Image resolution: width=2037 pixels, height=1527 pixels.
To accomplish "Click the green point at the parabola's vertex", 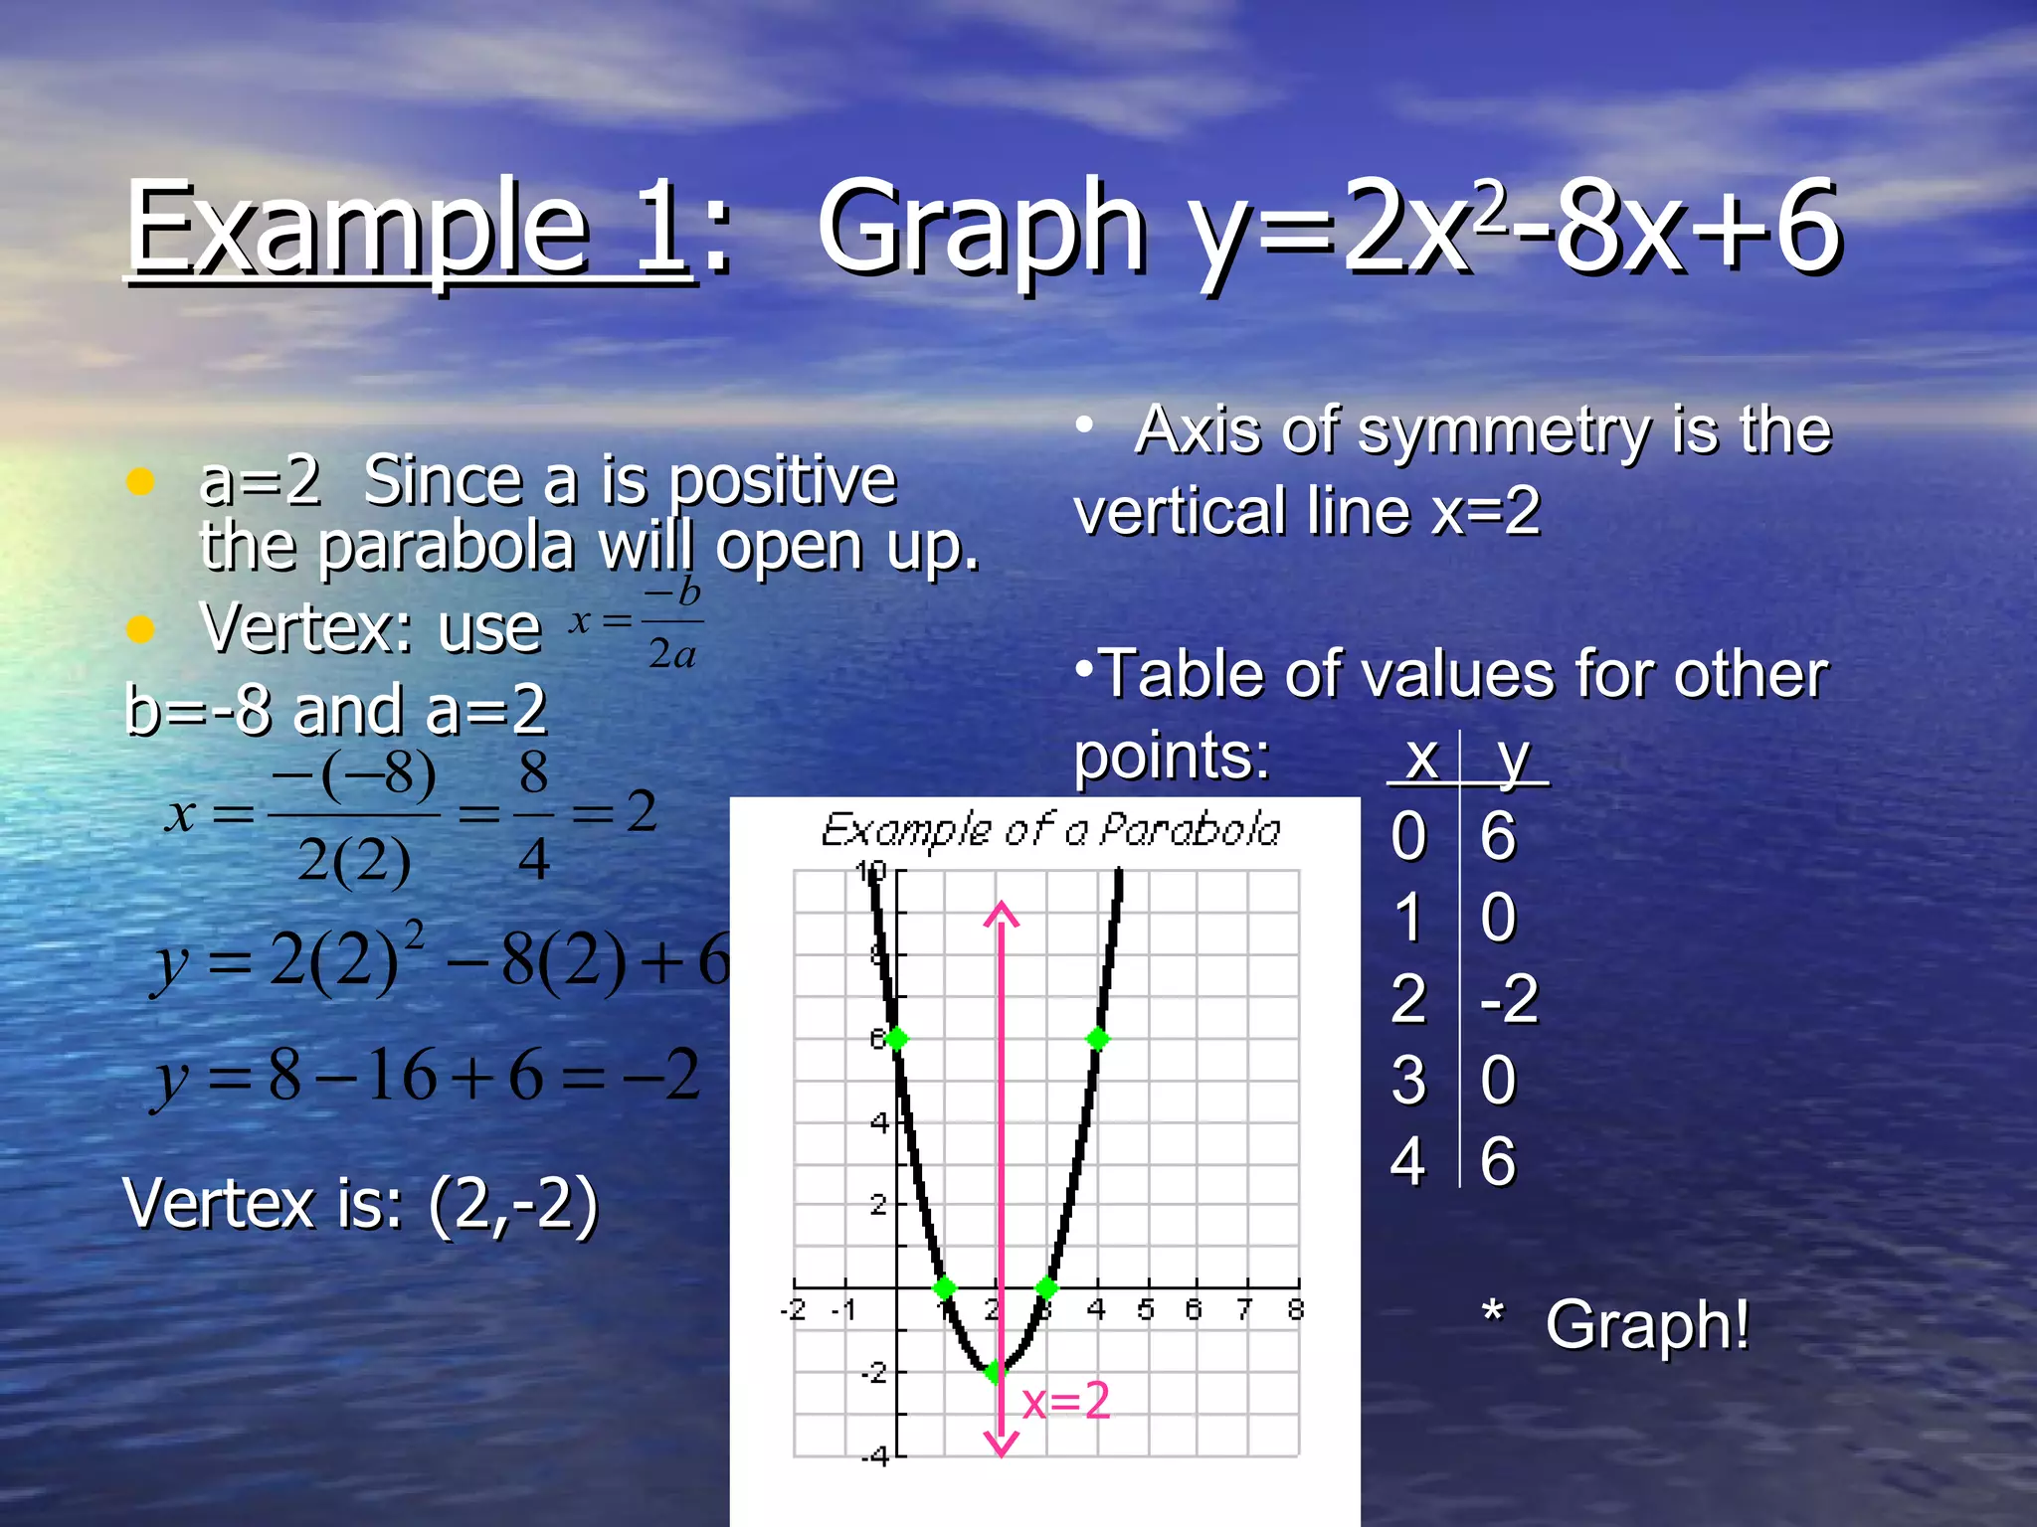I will click(x=995, y=1372).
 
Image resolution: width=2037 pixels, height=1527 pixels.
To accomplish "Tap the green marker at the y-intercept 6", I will click(x=896, y=1039).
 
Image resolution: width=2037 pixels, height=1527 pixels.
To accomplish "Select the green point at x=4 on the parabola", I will click(x=1098, y=1039).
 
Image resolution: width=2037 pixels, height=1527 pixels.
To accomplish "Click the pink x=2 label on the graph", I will click(x=1066, y=1401).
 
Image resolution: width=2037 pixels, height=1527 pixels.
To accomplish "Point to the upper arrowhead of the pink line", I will click(x=1001, y=913).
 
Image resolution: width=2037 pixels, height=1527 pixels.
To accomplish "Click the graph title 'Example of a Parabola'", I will click(x=1050, y=830).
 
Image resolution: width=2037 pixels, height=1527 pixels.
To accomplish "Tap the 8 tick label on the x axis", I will click(x=1295, y=1310).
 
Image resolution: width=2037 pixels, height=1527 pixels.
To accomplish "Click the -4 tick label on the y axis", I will click(x=875, y=1457).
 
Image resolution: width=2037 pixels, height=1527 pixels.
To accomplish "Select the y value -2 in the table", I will click(x=1509, y=998).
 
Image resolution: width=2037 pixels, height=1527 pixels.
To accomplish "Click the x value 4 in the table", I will click(x=1408, y=1161).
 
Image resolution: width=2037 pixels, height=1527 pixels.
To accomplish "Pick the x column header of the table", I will click(x=1422, y=759).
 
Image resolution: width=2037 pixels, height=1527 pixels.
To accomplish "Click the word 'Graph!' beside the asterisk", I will click(x=1647, y=1325).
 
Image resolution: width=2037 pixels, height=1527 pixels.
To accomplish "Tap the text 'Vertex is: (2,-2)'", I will click(x=360, y=1204).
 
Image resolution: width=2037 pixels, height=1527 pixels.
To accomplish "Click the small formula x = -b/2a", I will click(x=637, y=623).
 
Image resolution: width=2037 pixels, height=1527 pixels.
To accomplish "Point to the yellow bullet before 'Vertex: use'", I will click(x=140, y=629).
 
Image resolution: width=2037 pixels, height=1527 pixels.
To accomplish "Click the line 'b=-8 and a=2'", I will click(x=336, y=710).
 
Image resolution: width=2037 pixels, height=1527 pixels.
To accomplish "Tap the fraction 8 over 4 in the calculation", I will click(x=533, y=815).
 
